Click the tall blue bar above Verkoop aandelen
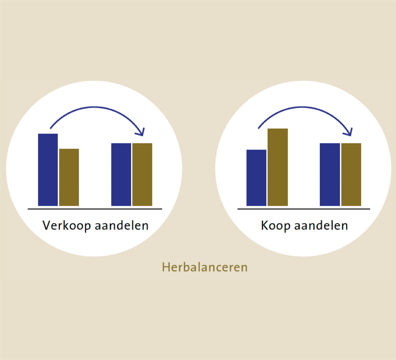[x=48, y=170]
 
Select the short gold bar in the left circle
[x=69, y=177]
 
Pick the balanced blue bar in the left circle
[x=121, y=175]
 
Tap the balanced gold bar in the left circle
[x=142, y=175]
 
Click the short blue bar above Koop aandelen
[x=256, y=178]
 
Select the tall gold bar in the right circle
[x=278, y=167]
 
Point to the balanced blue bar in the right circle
[x=330, y=175]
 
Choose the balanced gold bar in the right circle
[x=351, y=175]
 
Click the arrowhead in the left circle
[x=141, y=132]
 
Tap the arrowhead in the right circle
[x=349, y=132]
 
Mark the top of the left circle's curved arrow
[x=95, y=107]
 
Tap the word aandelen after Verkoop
[x=122, y=225]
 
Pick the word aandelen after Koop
[x=321, y=225]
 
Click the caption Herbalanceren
[x=205, y=267]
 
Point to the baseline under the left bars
[x=95, y=209]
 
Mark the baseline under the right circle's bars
[x=304, y=209]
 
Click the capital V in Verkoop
[x=47, y=225]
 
